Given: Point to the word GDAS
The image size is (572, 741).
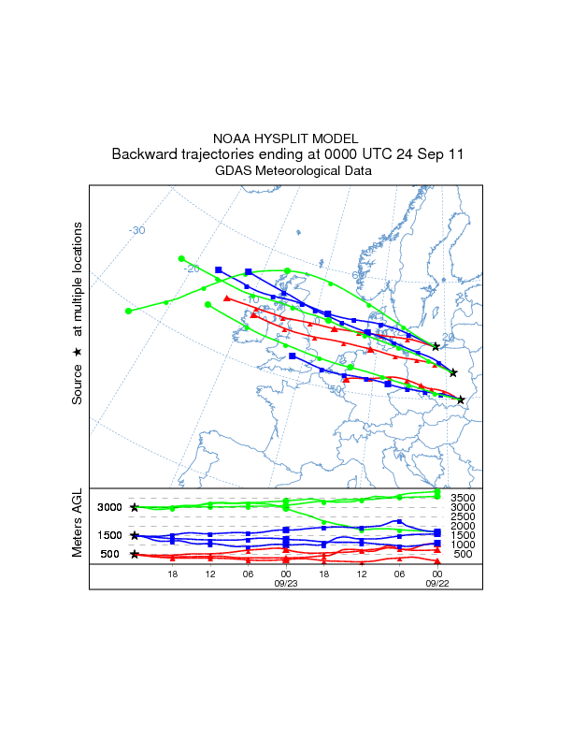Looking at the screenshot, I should [x=235, y=171].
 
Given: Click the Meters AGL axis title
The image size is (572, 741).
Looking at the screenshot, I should [x=79, y=524].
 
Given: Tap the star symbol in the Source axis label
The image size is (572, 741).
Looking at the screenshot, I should [x=79, y=352].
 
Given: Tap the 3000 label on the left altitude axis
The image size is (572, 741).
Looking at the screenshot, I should [x=110, y=507].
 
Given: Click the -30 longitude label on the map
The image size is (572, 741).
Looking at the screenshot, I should [x=137, y=230].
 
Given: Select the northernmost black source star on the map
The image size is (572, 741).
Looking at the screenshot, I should [x=436, y=346].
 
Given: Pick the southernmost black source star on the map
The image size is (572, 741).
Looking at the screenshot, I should [x=461, y=400].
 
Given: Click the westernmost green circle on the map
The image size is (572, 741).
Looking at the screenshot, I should [x=128, y=311].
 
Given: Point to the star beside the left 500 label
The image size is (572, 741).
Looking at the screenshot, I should [x=134, y=554].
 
